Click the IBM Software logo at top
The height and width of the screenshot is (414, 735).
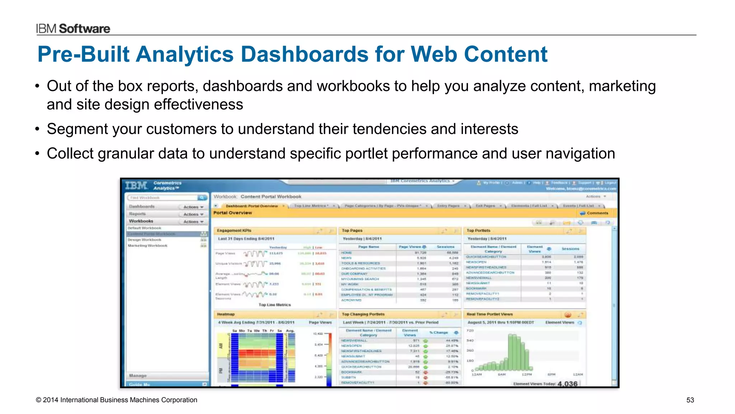pyautogui.click(x=73, y=28)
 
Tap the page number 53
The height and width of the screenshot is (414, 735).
pyautogui.click(x=690, y=400)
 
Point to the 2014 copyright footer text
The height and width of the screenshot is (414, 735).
pyautogui.click(x=116, y=400)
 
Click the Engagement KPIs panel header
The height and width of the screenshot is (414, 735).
pyautogui.click(x=234, y=231)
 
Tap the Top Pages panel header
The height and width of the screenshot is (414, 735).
pyautogui.click(x=352, y=231)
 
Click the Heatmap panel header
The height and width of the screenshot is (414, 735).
pyautogui.click(x=226, y=314)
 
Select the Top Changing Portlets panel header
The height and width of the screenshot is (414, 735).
pyautogui.click(x=363, y=314)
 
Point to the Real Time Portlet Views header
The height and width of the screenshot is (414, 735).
pyautogui.click(x=490, y=314)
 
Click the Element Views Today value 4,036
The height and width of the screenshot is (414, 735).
pyautogui.click(x=567, y=383)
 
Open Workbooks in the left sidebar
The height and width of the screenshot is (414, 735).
pyautogui.click(x=141, y=221)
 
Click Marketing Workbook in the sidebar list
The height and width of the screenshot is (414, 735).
pyautogui.click(x=148, y=246)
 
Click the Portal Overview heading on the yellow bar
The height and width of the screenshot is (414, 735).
pyautogui.click(x=233, y=213)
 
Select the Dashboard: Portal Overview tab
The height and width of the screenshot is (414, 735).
pyautogui.click(x=251, y=206)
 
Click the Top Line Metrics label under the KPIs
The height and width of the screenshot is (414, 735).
pyautogui.click(x=275, y=305)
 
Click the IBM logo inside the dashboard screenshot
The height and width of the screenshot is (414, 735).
pyautogui.click(x=136, y=186)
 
